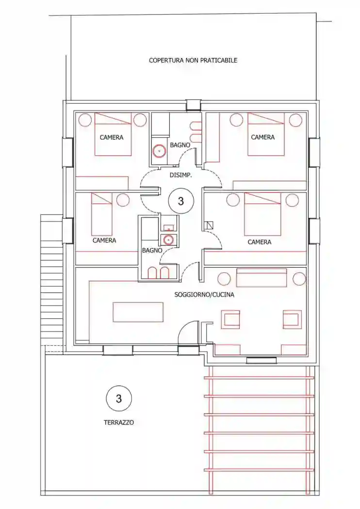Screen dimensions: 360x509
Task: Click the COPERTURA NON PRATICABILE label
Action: [193, 60]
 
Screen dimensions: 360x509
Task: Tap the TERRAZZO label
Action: [119, 423]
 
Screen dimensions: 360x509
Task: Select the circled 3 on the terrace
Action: [119, 398]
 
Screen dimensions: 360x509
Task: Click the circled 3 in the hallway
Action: [181, 201]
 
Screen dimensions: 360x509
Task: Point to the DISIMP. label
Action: [181, 175]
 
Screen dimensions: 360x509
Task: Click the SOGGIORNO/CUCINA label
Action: [204, 295]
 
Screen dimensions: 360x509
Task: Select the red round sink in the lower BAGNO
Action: [168, 240]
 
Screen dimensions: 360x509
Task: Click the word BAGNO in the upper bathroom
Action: [180, 145]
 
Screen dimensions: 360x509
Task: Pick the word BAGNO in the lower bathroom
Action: [152, 251]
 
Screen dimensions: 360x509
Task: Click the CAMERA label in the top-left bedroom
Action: [112, 137]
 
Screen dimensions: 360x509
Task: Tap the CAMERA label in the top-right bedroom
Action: [263, 137]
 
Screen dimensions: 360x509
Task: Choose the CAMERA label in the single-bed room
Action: [104, 240]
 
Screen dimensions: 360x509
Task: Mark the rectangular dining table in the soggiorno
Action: [138, 312]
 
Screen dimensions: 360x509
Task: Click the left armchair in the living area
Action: [230, 319]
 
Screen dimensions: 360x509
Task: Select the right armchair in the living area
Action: [292, 319]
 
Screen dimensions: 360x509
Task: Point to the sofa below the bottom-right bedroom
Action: [262, 278]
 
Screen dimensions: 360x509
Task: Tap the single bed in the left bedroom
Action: [102, 214]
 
